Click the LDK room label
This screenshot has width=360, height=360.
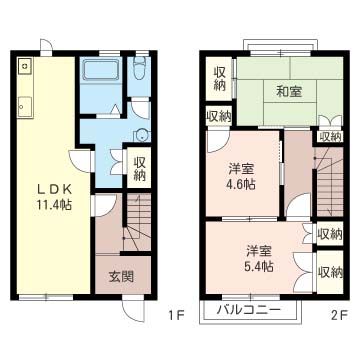(x=49, y=189)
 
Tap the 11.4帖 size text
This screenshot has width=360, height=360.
(x=49, y=205)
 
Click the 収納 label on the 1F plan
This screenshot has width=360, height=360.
(x=140, y=163)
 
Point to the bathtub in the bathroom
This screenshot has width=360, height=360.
(x=101, y=73)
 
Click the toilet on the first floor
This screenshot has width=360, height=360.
(x=140, y=70)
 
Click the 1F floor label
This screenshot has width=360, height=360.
(x=176, y=317)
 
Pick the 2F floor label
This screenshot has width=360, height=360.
(x=339, y=317)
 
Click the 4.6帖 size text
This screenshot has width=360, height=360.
(x=240, y=184)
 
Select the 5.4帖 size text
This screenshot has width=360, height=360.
(x=258, y=266)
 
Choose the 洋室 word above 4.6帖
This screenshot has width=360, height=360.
(x=240, y=168)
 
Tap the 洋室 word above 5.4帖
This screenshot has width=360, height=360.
(x=258, y=250)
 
